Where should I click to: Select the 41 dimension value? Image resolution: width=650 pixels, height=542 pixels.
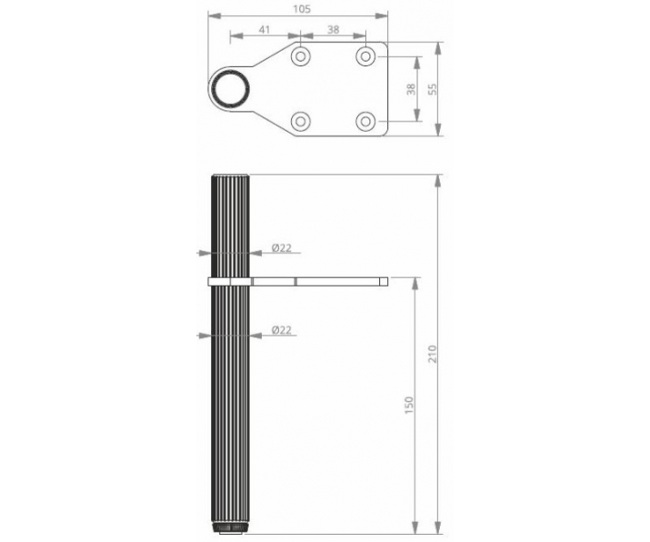pos(265,30)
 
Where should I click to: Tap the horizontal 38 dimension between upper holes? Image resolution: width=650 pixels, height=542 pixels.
pos(333,30)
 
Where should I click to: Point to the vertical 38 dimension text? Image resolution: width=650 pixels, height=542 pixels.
pos(411,89)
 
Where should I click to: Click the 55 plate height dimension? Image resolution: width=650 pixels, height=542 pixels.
pos(433,89)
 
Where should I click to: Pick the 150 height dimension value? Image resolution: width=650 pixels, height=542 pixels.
pos(409,403)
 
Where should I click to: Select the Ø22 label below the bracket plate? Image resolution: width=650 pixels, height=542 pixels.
pos(282,331)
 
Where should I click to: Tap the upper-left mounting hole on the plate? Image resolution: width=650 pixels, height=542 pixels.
pos(301,56)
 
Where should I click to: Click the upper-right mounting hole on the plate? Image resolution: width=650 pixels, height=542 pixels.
pos(365,56)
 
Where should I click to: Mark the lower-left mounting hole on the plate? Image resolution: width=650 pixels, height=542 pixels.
pos(301,120)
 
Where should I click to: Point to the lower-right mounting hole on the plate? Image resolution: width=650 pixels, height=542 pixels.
pos(365,120)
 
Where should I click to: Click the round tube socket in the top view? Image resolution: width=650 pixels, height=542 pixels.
pos(230,88)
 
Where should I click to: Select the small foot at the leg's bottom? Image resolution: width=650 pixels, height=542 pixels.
pos(230,528)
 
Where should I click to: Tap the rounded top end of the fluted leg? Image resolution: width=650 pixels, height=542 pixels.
pos(230,177)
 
